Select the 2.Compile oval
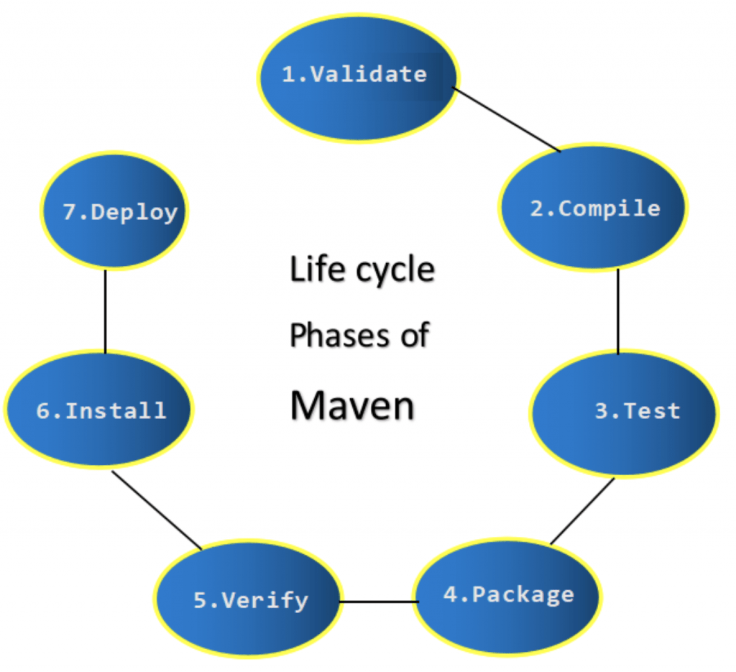(x=592, y=209)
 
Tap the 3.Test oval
(x=624, y=412)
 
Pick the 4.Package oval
(x=507, y=597)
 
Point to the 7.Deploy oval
(x=114, y=213)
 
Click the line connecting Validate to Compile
(x=506, y=119)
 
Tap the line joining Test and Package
(x=582, y=511)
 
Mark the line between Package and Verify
(x=378, y=601)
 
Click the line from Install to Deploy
(x=106, y=311)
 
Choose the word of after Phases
(x=415, y=335)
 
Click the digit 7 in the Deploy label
(x=69, y=213)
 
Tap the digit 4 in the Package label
(x=450, y=595)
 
